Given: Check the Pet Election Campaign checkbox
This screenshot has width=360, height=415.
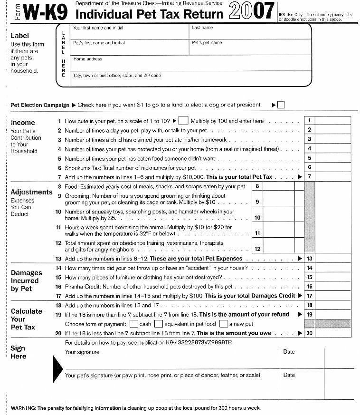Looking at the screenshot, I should [281, 105].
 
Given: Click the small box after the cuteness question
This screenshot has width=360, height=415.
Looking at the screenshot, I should [183, 121].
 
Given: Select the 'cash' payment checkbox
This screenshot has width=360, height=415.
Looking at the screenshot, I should [134, 324].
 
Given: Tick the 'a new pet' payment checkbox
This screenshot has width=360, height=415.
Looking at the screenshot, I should [223, 324].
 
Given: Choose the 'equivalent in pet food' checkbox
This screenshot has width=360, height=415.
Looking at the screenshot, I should [159, 324].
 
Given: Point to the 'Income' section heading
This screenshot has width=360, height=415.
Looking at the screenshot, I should [23, 123].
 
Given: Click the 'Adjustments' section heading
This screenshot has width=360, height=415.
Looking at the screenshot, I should [31, 192].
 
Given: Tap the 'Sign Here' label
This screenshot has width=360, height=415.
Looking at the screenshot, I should [19, 352].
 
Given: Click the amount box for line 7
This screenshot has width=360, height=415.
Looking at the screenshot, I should [332, 177].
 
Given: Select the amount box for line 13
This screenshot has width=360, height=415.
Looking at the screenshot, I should [332, 259].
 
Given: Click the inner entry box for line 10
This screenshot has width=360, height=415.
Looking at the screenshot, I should [278, 218].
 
